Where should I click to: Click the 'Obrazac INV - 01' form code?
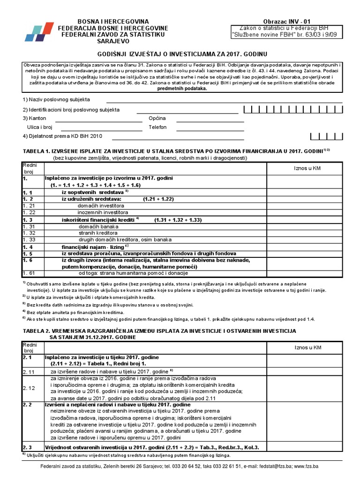(288, 21)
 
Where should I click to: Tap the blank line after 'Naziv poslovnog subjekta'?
(224, 100)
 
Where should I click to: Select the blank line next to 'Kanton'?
(98, 120)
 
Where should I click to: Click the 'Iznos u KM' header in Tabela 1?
(307, 168)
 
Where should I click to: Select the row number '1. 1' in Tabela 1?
(27, 193)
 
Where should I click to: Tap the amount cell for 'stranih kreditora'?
(307, 232)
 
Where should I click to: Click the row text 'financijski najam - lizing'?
(92, 247)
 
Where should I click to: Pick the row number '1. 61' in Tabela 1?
(29, 273)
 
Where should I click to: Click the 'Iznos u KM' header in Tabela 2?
(307, 347)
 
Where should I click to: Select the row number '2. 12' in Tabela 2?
(29, 388)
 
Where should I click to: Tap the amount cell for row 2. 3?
(307, 447)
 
